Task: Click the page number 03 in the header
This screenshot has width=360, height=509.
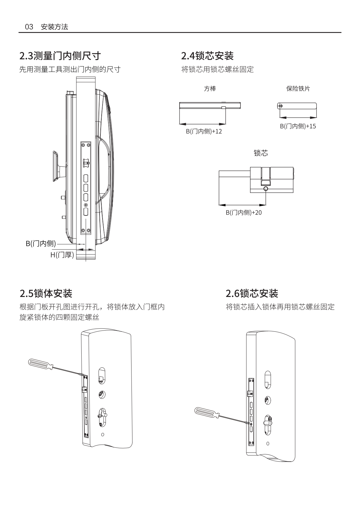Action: (x=29, y=27)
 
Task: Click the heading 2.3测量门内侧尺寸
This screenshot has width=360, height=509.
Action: (x=60, y=56)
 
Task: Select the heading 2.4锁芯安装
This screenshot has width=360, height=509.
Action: (x=207, y=56)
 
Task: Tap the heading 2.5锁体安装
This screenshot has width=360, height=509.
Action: (x=46, y=293)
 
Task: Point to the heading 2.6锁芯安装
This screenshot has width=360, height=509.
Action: (x=252, y=293)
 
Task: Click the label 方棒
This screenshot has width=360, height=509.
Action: (x=210, y=89)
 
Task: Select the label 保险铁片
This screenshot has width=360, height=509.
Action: (x=298, y=89)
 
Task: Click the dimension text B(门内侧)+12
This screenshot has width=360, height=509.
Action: (x=204, y=131)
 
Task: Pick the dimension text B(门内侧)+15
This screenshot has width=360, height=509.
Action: (x=298, y=126)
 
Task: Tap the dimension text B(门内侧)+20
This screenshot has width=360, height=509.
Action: (x=244, y=212)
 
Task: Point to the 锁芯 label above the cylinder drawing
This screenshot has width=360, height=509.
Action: (x=261, y=153)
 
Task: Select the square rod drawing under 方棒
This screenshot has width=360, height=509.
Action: (x=210, y=106)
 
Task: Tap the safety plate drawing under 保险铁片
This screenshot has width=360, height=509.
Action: (x=297, y=106)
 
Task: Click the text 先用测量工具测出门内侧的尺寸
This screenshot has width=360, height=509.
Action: (x=70, y=69)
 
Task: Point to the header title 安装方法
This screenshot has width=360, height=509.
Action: (x=55, y=27)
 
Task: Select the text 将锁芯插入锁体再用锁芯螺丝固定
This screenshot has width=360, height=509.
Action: (x=280, y=307)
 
